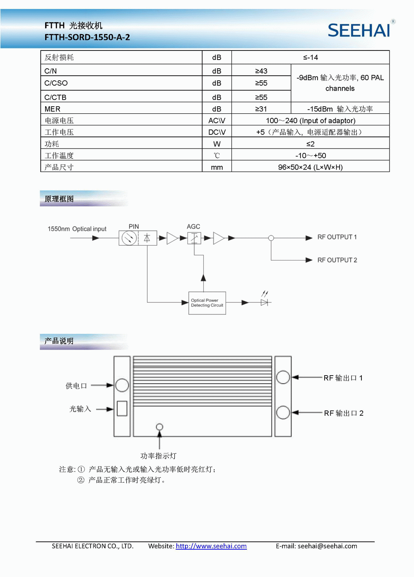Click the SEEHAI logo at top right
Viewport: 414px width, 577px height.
(359, 30)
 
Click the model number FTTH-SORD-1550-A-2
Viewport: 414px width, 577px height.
(87, 37)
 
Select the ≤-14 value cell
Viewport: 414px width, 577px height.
(310, 57)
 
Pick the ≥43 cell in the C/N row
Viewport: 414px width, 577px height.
(261, 71)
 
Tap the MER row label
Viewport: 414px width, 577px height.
(53, 109)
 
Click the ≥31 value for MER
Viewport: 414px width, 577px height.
(261, 109)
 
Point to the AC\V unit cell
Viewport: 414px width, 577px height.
(217, 121)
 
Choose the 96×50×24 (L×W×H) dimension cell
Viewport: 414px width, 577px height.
(310, 167)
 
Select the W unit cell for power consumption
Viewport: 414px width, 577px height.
(217, 144)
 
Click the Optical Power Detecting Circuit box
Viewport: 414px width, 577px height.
(207, 303)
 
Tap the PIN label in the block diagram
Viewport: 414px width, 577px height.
(134, 227)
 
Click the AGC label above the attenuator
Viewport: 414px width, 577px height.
(193, 227)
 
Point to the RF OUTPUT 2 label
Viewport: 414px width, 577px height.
(337, 260)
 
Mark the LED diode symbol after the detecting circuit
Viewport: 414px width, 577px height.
(265, 302)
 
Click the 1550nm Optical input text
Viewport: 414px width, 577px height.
(77, 229)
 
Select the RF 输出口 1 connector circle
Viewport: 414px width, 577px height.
(283, 377)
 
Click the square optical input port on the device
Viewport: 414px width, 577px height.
(122, 408)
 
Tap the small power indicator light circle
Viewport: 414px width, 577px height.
(159, 426)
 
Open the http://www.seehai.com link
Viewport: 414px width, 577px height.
(211, 546)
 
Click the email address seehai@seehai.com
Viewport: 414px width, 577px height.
(327, 546)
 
